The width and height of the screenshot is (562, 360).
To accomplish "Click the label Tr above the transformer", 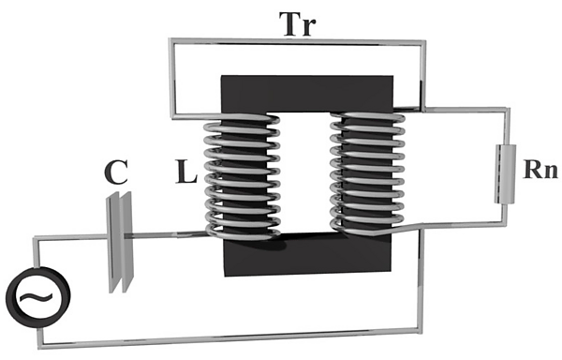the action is click(x=300, y=24).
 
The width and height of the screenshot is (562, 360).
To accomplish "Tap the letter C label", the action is click(x=116, y=172).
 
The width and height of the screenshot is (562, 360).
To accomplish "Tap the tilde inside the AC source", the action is click(x=37, y=296).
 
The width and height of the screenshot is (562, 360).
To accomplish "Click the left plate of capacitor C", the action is click(x=113, y=243).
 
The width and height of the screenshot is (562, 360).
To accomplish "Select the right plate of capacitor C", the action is click(x=127, y=243).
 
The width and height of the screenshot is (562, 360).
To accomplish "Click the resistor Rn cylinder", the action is click(x=506, y=173).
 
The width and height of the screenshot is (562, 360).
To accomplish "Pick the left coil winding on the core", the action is click(x=243, y=175).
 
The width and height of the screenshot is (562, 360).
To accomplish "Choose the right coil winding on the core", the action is click(x=368, y=173).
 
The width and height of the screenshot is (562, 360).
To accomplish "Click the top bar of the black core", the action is click(x=307, y=94).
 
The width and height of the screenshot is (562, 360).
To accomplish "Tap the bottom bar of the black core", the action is click(x=307, y=254).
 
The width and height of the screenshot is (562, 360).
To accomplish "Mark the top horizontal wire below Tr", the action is click(x=298, y=42).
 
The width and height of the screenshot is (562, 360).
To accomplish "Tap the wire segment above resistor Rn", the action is click(x=466, y=110).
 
